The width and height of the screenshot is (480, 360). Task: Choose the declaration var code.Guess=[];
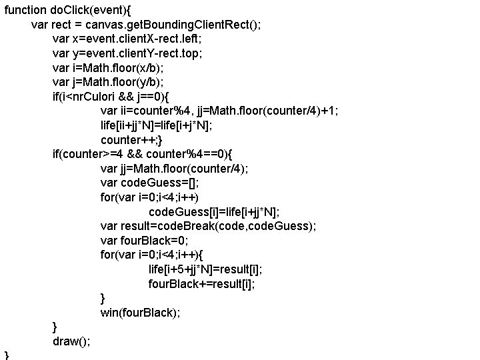click(x=149, y=183)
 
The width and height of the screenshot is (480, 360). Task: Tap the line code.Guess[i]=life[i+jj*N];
click(x=213, y=212)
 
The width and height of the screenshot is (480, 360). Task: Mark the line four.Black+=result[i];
click(x=201, y=284)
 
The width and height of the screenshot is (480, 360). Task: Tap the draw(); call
click(x=72, y=341)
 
